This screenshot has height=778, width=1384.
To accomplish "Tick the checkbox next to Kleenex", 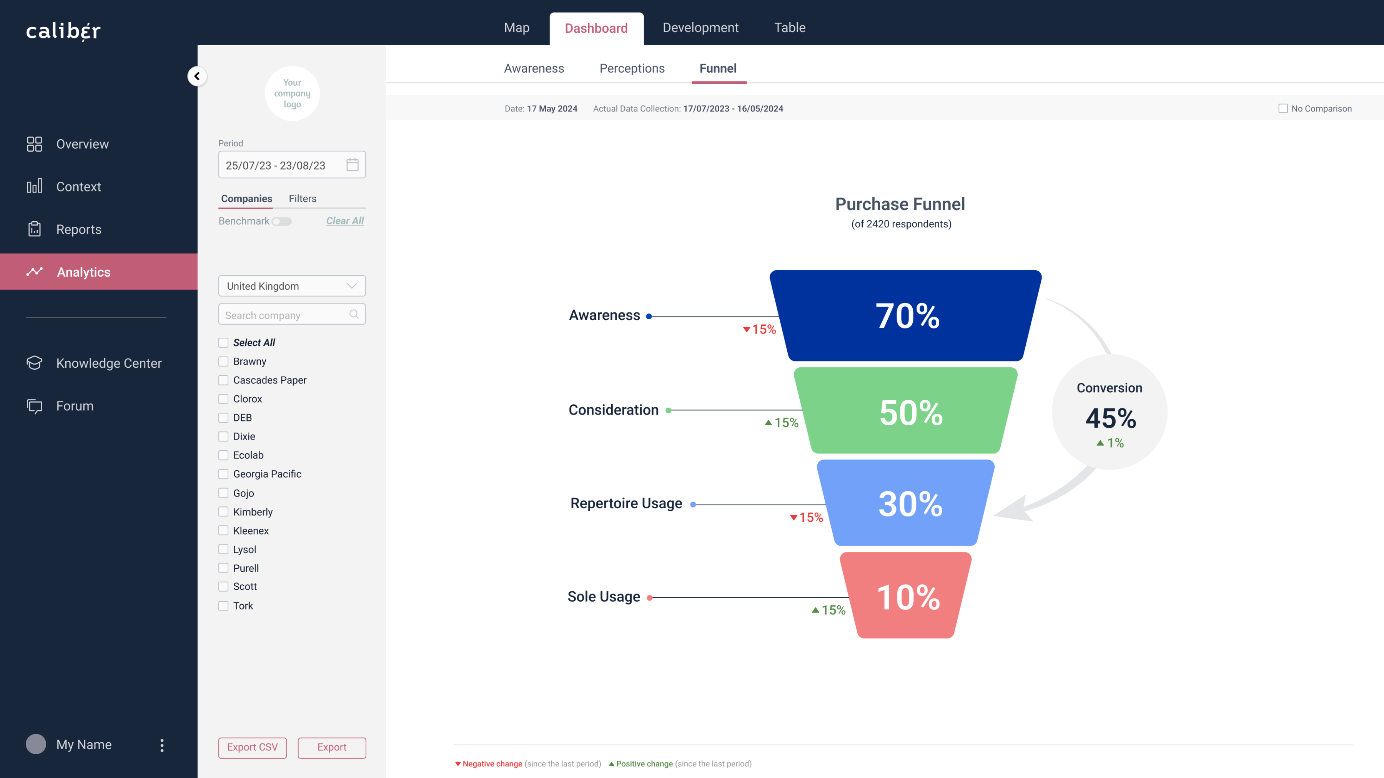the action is [x=223, y=531].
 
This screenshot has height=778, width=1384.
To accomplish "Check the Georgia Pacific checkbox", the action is [x=223, y=474].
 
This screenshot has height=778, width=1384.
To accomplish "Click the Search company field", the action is [x=292, y=315].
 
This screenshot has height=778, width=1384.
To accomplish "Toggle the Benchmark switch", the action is [x=281, y=221].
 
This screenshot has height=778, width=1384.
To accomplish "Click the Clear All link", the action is [x=345, y=221].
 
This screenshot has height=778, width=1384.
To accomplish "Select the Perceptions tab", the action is [x=632, y=68].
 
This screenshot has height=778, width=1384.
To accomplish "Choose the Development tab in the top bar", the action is [x=700, y=27].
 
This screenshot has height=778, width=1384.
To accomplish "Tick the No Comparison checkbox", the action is [x=1283, y=108].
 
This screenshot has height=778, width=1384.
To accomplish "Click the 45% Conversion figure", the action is [x=1111, y=418].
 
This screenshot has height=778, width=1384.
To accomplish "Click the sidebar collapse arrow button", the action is [x=197, y=76].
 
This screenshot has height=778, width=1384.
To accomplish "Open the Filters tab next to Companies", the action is [x=303, y=199].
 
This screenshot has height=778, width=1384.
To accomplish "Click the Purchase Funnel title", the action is [x=900, y=204].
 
